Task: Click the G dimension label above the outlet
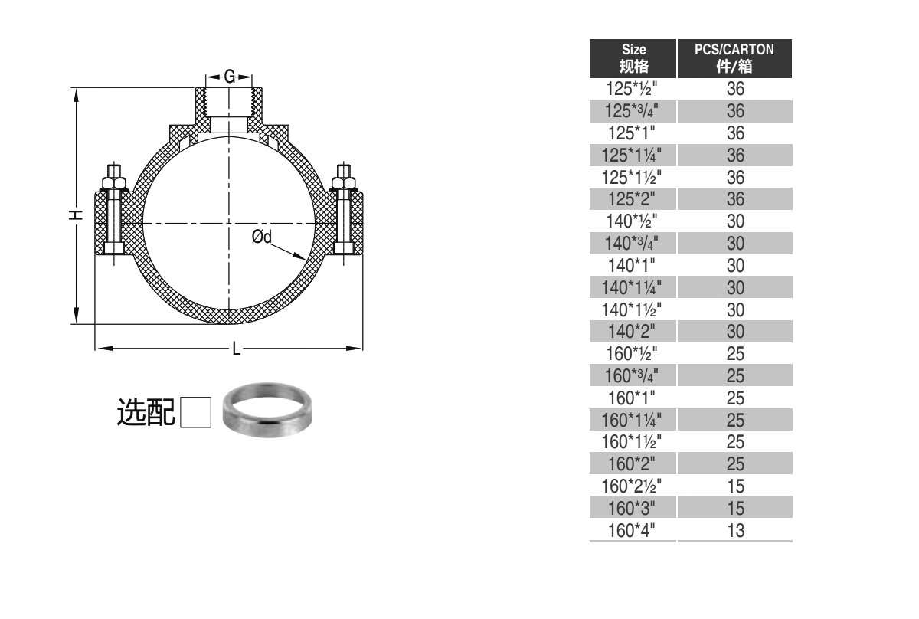tap(229, 77)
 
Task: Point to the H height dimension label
tap(76, 215)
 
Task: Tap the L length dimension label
tap(237, 349)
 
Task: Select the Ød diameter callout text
tap(262, 237)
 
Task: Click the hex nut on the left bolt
tap(113, 183)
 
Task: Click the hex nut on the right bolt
tap(344, 183)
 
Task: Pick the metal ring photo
tap(267, 410)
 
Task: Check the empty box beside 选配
tap(196, 412)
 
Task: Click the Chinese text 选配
tap(146, 412)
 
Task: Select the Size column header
tap(633, 58)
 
